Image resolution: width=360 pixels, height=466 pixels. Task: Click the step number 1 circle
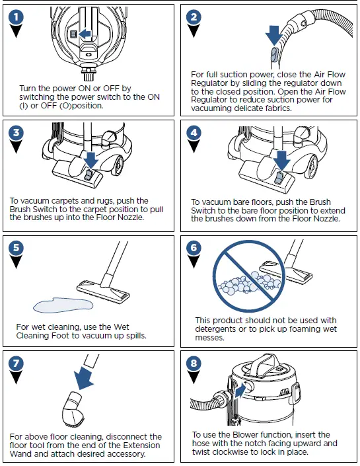16,17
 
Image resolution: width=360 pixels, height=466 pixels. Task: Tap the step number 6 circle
194,248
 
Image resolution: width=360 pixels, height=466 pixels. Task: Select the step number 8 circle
194,363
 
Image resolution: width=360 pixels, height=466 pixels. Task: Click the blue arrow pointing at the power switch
85,34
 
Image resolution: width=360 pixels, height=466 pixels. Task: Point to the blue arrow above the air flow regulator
273,35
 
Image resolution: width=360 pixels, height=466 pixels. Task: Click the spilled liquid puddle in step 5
63,305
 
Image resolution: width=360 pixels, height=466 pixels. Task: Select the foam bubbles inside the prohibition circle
246,283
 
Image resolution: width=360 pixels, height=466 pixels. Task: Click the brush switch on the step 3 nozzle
89,175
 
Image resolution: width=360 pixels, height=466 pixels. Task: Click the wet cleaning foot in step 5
103,291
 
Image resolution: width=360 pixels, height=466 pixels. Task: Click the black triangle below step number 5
16,262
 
